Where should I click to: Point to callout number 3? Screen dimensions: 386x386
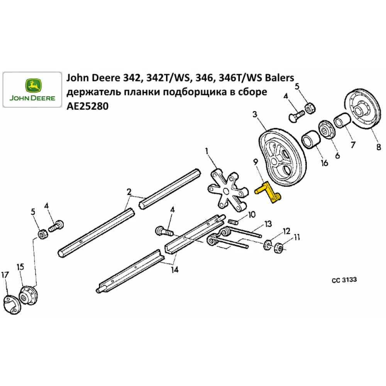[x=255, y=114]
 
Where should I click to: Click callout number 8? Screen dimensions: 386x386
[x=378, y=147]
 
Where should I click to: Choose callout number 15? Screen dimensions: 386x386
[x=20, y=267]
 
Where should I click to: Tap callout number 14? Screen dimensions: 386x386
[x=174, y=270]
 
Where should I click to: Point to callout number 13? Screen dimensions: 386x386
[x=267, y=223]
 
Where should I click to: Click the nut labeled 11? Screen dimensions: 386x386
[x=279, y=247]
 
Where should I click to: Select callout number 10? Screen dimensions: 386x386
[x=252, y=215]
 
